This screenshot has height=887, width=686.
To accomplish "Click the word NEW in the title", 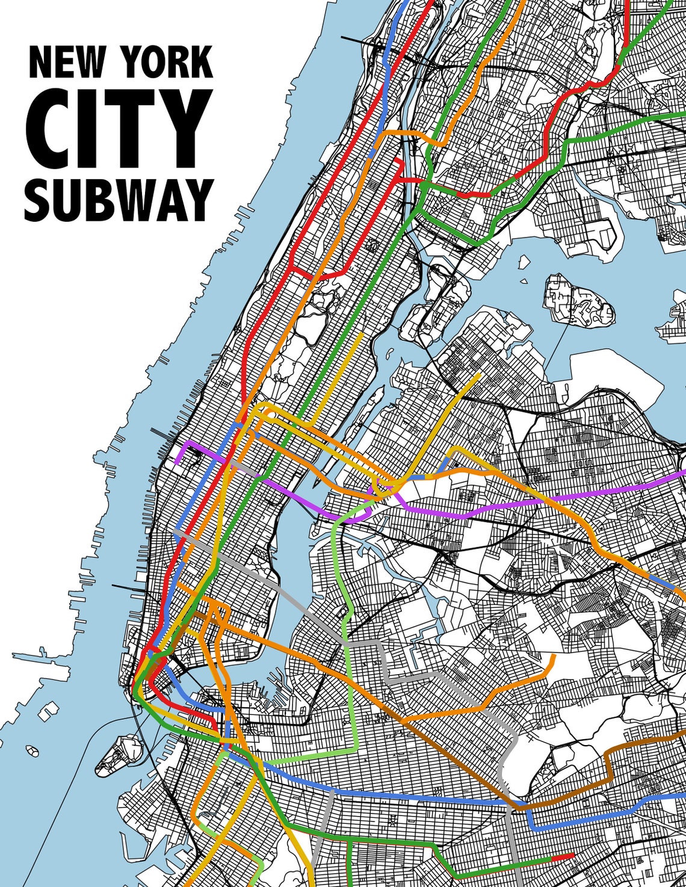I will click(x=66, y=63).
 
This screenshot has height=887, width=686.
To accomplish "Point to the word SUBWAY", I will click(x=119, y=200).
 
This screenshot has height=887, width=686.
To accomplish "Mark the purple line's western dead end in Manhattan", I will click(x=178, y=462).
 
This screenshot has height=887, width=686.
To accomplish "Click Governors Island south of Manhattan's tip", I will click(x=118, y=752).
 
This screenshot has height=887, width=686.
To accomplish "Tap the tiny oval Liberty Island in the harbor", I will click(x=32, y=750).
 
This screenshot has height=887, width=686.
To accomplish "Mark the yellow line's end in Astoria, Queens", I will click(x=479, y=375).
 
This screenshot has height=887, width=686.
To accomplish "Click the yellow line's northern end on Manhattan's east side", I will click(x=362, y=334).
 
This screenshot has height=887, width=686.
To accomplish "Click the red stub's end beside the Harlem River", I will click(x=399, y=162).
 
